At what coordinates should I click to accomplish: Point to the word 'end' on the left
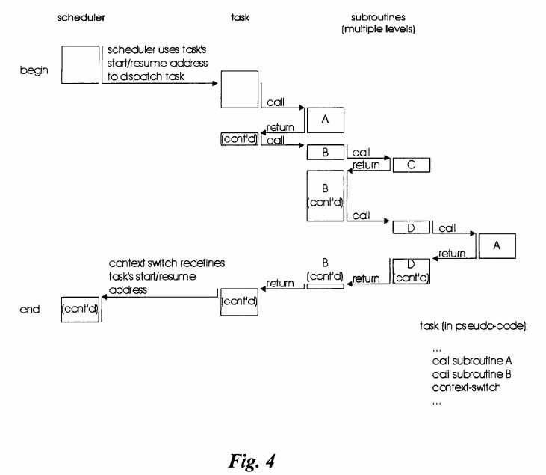(29, 307)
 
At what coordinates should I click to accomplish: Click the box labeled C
(410, 164)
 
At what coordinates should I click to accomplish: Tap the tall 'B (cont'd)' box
(326, 195)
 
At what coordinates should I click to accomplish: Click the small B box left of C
(325, 153)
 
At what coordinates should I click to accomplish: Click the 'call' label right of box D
(448, 227)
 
